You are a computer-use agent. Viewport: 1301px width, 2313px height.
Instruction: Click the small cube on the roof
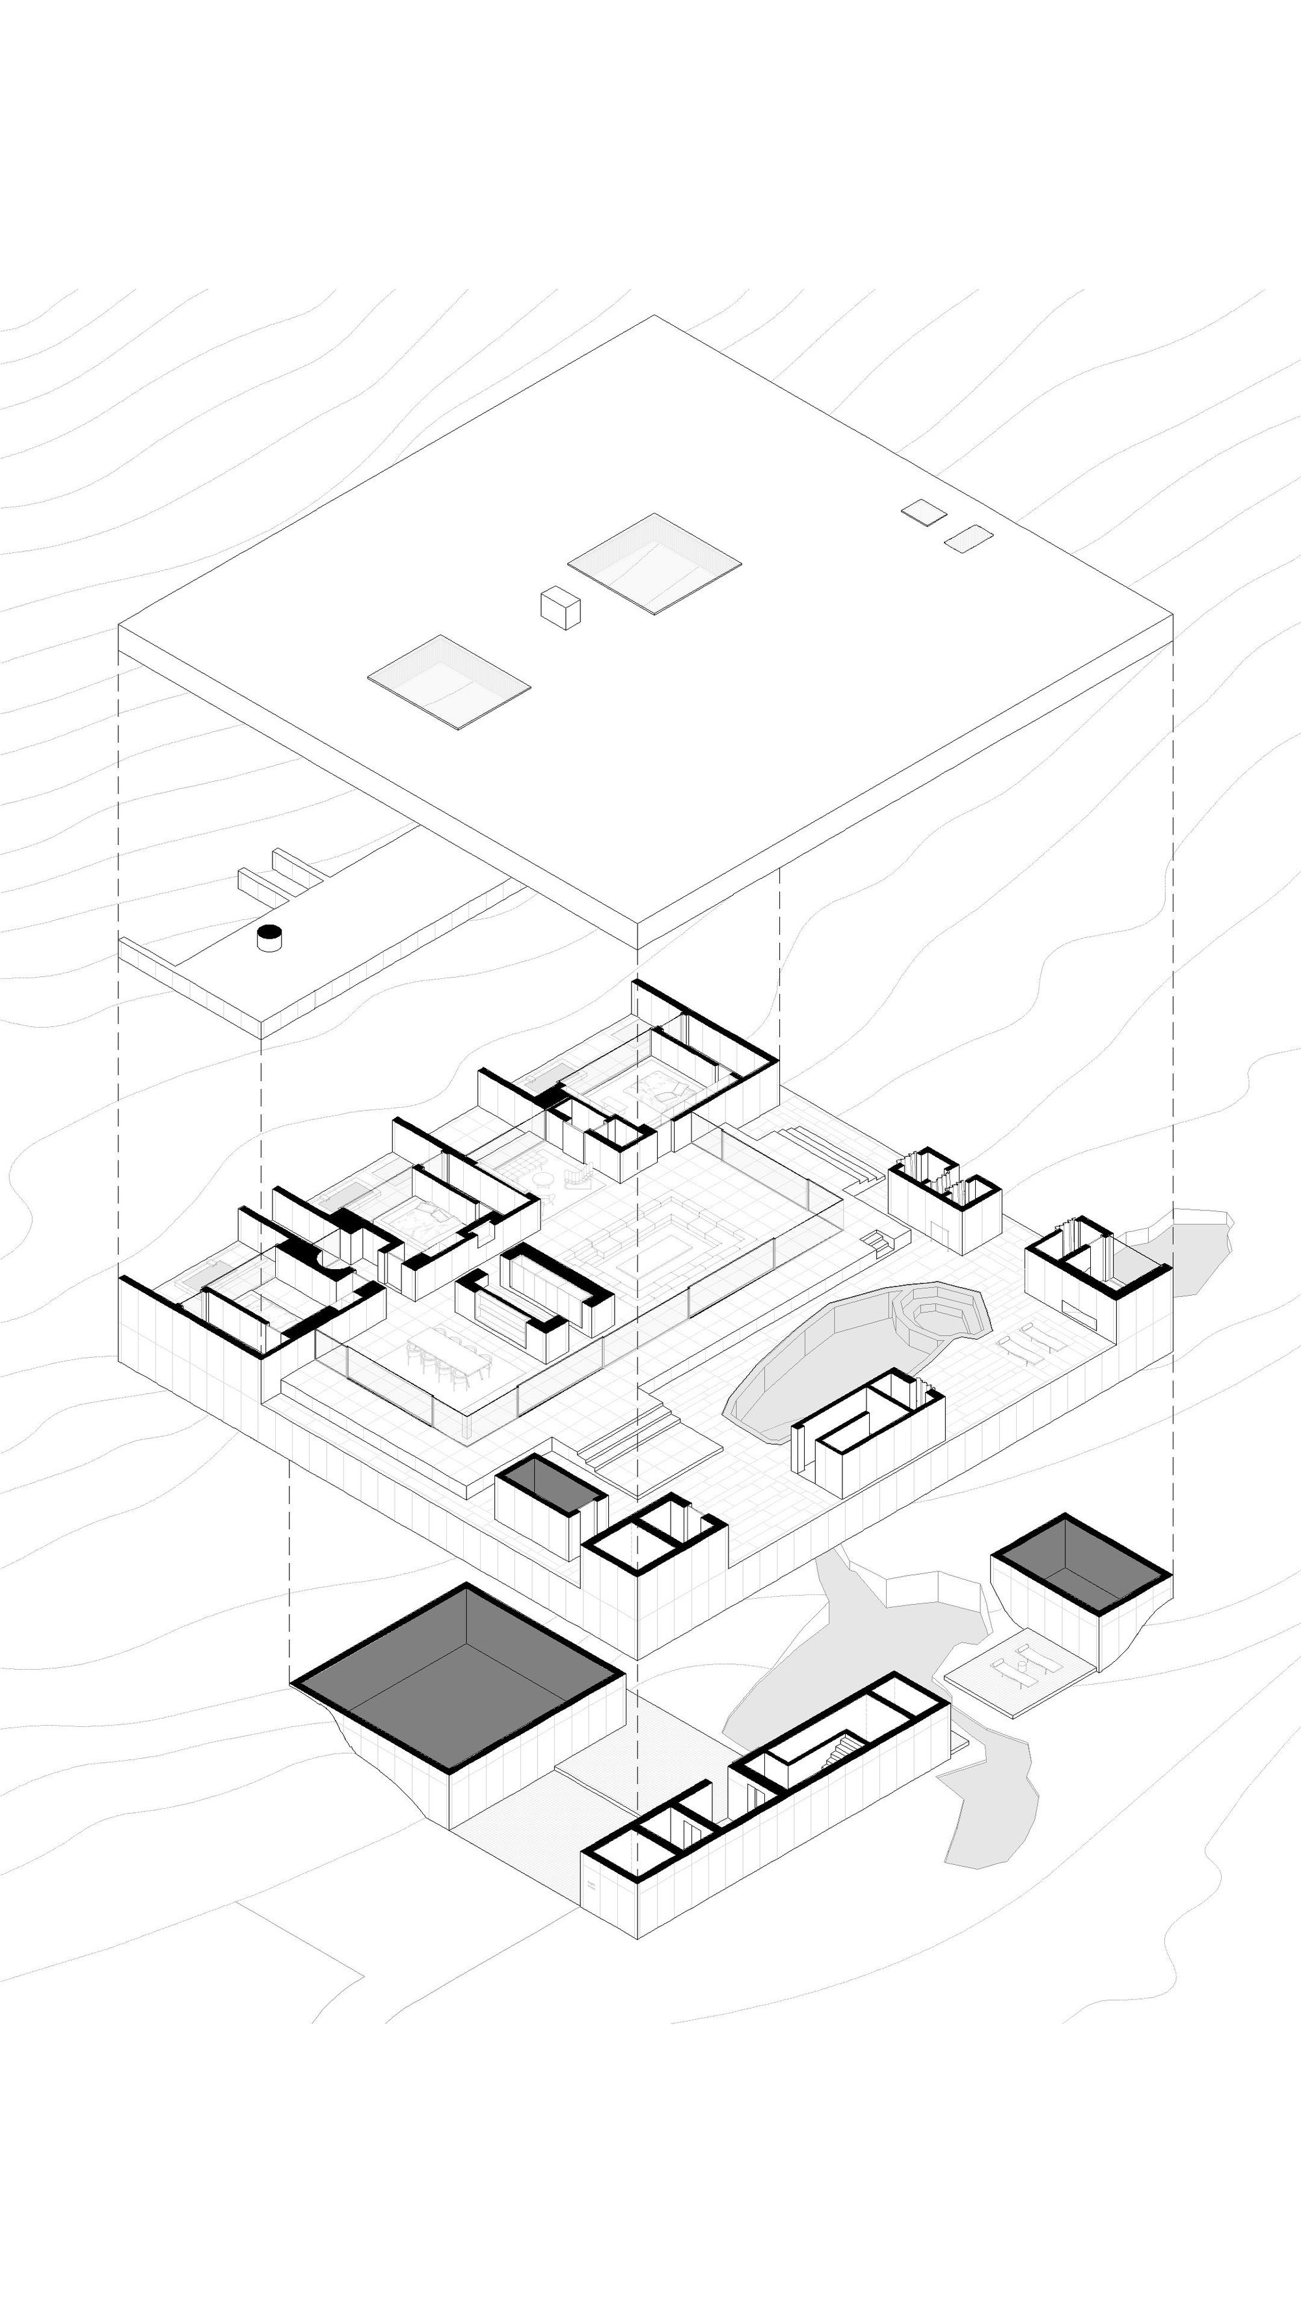(x=560, y=608)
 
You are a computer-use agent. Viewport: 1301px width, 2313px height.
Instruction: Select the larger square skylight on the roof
(x=654, y=563)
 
